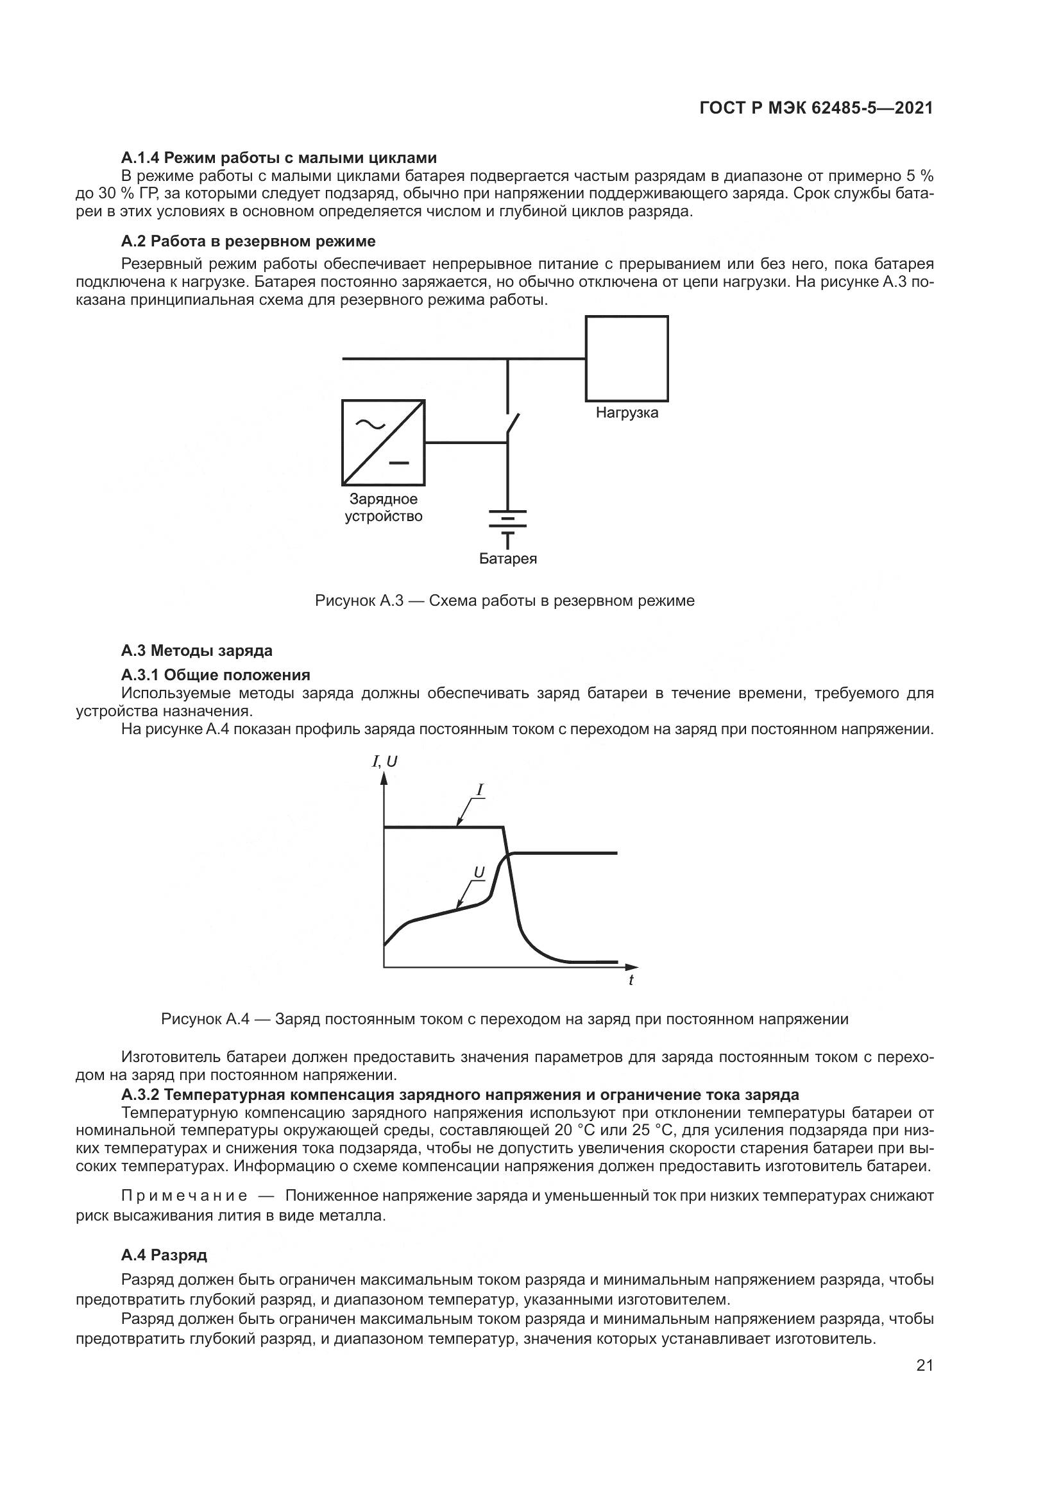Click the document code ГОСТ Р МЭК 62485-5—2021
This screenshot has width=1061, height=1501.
pyautogui.click(x=815, y=108)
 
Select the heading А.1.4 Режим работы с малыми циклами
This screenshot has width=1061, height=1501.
pyautogui.click(x=278, y=158)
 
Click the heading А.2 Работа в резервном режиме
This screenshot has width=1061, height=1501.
pyautogui.click(x=248, y=241)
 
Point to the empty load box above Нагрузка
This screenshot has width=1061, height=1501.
pyautogui.click(x=627, y=358)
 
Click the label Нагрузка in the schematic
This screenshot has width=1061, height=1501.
pyautogui.click(x=627, y=413)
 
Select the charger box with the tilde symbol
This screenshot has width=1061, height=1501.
pyautogui.click(x=384, y=443)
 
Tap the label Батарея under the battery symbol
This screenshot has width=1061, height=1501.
pyautogui.click(x=507, y=559)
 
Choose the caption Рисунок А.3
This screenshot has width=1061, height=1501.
pyautogui.click(x=504, y=601)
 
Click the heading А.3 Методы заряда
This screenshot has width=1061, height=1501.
pyautogui.click(x=197, y=651)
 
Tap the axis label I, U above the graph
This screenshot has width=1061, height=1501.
pyautogui.click(x=384, y=762)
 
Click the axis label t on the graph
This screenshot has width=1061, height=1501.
pyautogui.click(x=631, y=980)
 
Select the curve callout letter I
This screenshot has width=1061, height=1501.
pyautogui.click(x=480, y=791)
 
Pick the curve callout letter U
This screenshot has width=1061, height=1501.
pyautogui.click(x=479, y=872)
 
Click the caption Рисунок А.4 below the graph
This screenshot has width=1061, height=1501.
pyautogui.click(x=504, y=1019)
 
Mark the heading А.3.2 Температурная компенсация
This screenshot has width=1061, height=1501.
pyautogui.click(x=460, y=1094)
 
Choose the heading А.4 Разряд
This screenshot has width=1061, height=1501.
pyautogui.click(x=164, y=1255)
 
